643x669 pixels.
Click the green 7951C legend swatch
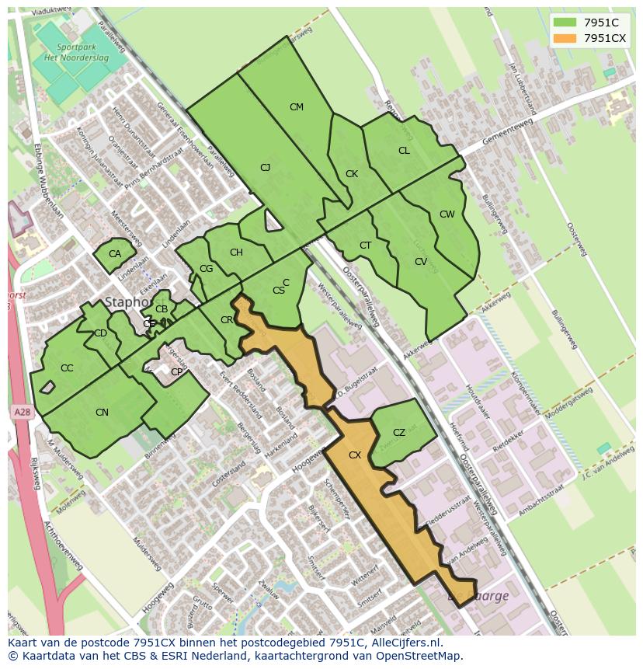565,23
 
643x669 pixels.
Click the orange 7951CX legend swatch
565,38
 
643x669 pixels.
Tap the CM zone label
296,107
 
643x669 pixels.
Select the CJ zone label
265,168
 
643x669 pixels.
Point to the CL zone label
404,151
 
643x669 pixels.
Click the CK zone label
352,174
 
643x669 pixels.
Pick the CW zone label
447,214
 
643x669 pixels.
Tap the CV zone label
421,262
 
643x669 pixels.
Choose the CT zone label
366,246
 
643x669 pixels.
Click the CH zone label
236,253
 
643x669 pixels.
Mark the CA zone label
115,254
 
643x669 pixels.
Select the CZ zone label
399,433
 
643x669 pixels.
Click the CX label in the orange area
355,455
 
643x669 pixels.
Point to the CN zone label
102,413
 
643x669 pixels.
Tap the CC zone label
67,368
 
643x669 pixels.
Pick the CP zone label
176,372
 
